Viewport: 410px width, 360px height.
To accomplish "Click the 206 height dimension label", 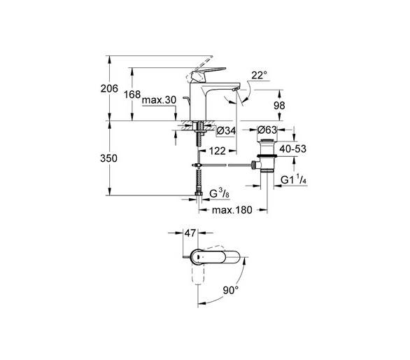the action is pyautogui.click(x=109, y=88).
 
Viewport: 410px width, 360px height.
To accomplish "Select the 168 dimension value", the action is pyautogui.click(x=132, y=95).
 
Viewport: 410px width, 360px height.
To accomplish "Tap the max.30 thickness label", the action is pyautogui.click(x=159, y=99).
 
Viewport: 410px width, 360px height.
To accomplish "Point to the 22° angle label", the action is pyautogui.click(x=259, y=76).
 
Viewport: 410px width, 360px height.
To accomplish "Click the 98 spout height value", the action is pyautogui.click(x=279, y=106).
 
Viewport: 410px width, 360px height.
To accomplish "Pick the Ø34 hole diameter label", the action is pyautogui.click(x=226, y=130).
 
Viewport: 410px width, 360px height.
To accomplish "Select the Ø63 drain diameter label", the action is pyautogui.click(x=267, y=130).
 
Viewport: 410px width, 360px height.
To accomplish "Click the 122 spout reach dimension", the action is pyautogui.click(x=217, y=151).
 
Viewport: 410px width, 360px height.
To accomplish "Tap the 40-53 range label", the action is pyautogui.click(x=292, y=148).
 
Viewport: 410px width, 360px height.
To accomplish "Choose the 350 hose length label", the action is pyautogui.click(x=108, y=158).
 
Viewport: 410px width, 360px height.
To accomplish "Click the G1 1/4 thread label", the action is pyautogui.click(x=294, y=179).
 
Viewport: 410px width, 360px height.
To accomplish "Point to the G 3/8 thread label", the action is pyautogui.click(x=220, y=194).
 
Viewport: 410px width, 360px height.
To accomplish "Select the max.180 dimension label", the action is pyautogui.click(x=232, y=209).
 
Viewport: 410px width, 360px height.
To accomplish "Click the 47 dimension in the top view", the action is pyautogui.click(x=190, y=233).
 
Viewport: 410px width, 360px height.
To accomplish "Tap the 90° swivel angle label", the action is pyautogui.click(x=231, y=290).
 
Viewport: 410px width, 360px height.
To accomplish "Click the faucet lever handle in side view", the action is pyautogui.click(x=208, y=74).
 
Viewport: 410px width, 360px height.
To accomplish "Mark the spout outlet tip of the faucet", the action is pyautogui.click(x=235, y=90).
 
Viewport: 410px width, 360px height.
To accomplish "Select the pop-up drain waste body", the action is pyautogui.click(x=267, y=155).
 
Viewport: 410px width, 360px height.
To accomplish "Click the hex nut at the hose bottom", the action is pyautogui.click(x=199, y=194).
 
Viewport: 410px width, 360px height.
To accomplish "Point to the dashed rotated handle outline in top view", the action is pyautogui.click(x=198, y=274).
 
